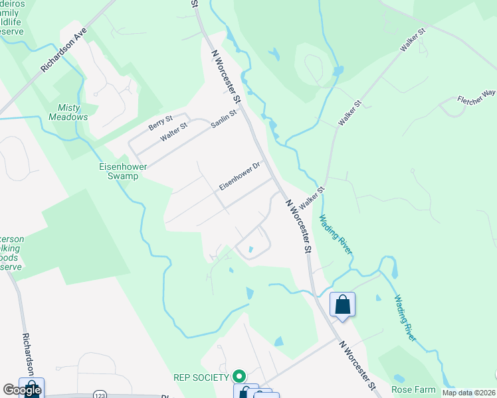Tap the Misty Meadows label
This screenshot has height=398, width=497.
click(68, 112)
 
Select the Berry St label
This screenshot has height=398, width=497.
click(161, 122)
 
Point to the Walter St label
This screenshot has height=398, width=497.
click(175, 130)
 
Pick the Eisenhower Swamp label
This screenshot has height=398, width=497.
click(120, 172)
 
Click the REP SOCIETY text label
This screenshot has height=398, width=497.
click(202, 377)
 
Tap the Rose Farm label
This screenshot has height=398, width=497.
click(413, 389)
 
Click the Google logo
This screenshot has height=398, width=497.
click(21, 390)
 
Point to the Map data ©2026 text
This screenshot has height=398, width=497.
click(468, 393)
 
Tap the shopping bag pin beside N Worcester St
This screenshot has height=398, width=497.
click(342, 304)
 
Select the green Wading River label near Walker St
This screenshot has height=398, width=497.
click(334, 234)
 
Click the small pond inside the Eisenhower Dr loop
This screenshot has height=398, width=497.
click(250, 249)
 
